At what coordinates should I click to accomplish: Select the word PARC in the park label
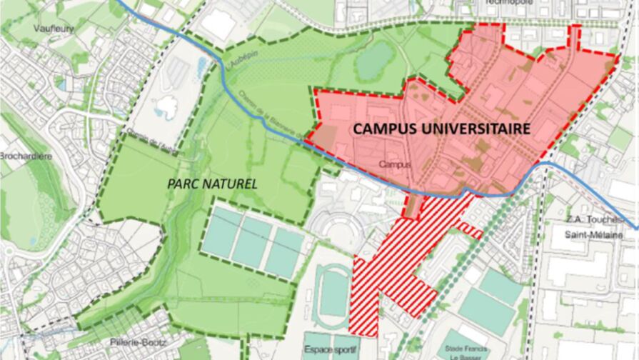point(184,184)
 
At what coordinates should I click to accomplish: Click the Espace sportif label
point(331,351)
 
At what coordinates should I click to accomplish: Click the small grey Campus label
point(395,164)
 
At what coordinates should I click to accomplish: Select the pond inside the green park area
point(375,59)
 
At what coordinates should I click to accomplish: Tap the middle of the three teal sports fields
point(252,243)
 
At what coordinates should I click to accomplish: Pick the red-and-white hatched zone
point(400,257)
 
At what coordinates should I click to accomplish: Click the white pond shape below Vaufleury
point(166,107)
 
